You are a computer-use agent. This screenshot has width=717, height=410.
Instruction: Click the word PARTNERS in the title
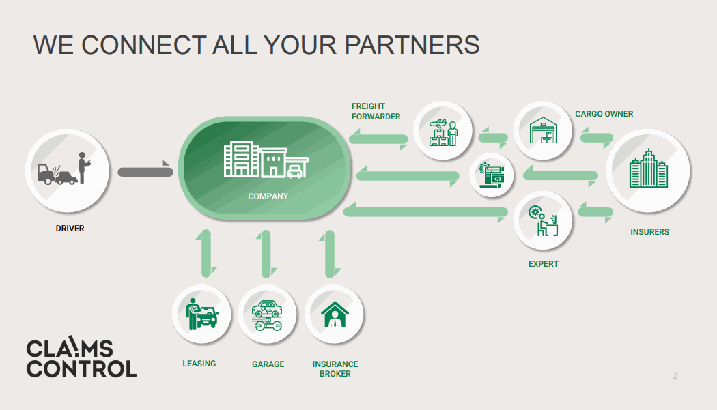412,44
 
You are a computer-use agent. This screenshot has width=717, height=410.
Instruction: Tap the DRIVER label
70,229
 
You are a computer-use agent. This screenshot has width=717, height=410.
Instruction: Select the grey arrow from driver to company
145,171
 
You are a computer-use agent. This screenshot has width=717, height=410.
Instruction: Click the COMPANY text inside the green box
268,196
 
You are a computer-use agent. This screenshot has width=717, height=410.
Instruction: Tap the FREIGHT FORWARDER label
376,111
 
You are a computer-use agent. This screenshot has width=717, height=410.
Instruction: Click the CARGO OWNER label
604,114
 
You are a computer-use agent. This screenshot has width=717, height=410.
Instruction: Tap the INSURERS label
649,232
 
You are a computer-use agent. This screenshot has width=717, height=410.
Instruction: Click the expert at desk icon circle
543,220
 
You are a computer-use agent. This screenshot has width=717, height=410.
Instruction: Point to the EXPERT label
543,264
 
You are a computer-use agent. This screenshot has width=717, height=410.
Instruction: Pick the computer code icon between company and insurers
492,175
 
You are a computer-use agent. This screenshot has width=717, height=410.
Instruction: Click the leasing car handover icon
202,314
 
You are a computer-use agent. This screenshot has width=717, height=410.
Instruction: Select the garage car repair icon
267,314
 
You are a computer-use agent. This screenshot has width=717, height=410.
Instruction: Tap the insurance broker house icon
334,314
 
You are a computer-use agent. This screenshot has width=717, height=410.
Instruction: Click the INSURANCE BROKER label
335,369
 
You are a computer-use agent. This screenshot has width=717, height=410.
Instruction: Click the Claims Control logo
81,357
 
